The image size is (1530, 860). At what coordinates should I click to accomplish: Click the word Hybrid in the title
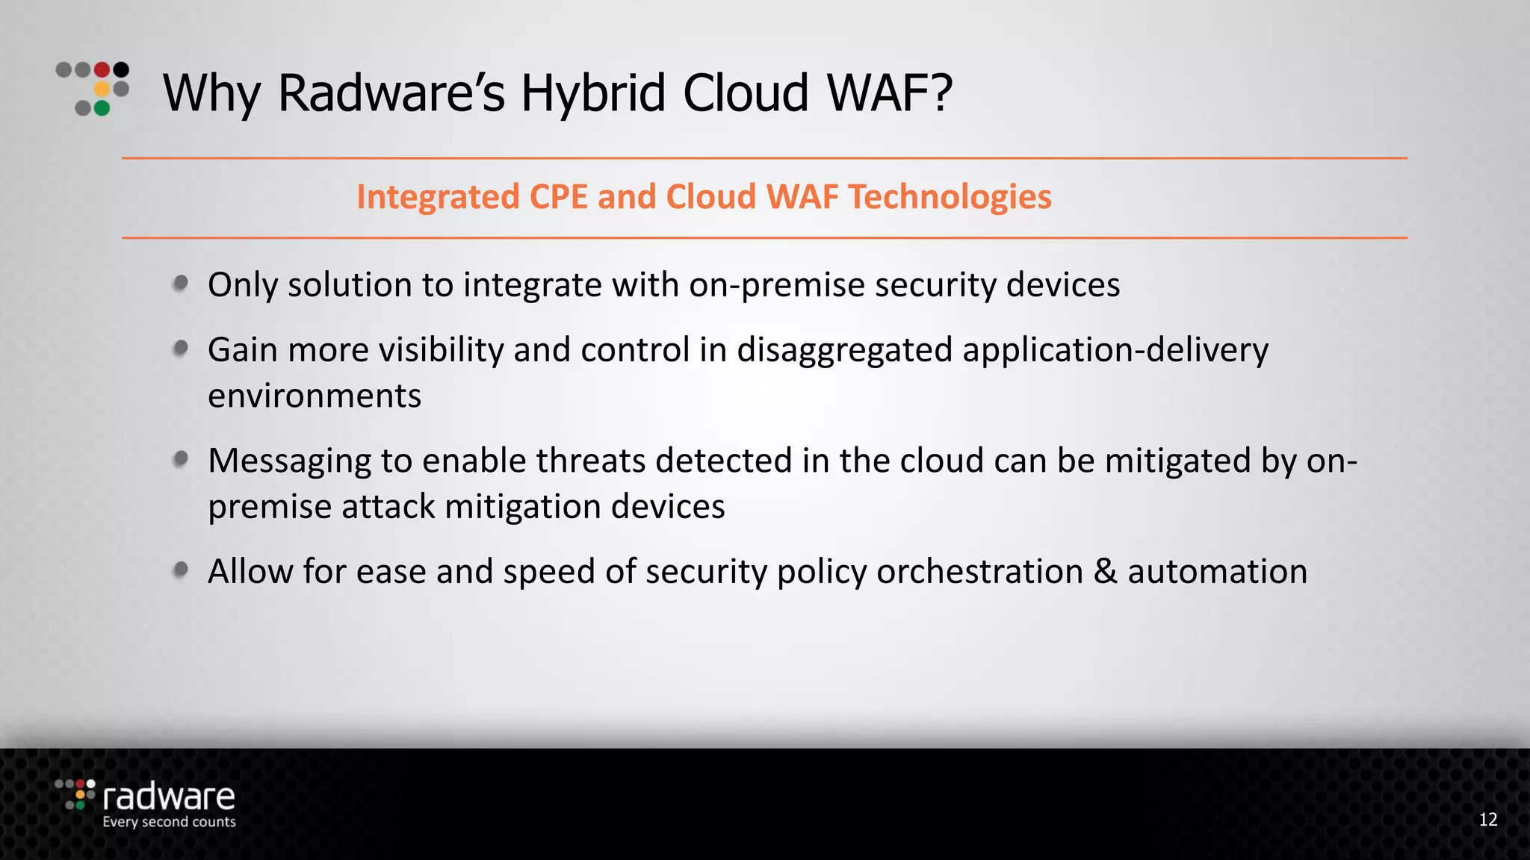click(x=592, y=93)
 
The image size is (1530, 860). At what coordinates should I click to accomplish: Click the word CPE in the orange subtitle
click(x=558, y=197)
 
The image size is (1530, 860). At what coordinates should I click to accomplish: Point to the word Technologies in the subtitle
click(x=950, y=197)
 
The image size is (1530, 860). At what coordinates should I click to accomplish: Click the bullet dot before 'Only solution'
click(x=181, y=284)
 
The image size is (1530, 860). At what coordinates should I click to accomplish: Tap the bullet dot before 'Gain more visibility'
click(x=181, y=349)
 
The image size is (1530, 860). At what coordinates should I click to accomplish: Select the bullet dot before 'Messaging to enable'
click(x=181, y=459)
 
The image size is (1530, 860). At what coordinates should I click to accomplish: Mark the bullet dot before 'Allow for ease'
click(x=181, y=570)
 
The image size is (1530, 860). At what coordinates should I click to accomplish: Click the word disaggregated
click(x=845, y=350)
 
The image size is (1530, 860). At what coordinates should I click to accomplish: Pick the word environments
click(x=315, y=396)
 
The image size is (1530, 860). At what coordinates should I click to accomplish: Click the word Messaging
click(x=289, y=461)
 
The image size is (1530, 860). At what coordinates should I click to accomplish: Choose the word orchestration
click(x=979, y=571)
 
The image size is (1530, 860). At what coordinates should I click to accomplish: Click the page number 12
click(x=1488, y=820)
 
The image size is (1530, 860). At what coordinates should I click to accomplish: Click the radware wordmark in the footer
click(x=169, y=797)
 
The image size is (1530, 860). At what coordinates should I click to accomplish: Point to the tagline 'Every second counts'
click(x=169, y=822)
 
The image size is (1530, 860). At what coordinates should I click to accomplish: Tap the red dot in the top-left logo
click(x=102, y=70)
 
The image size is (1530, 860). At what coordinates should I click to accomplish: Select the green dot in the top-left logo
click(x=102, y=108)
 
